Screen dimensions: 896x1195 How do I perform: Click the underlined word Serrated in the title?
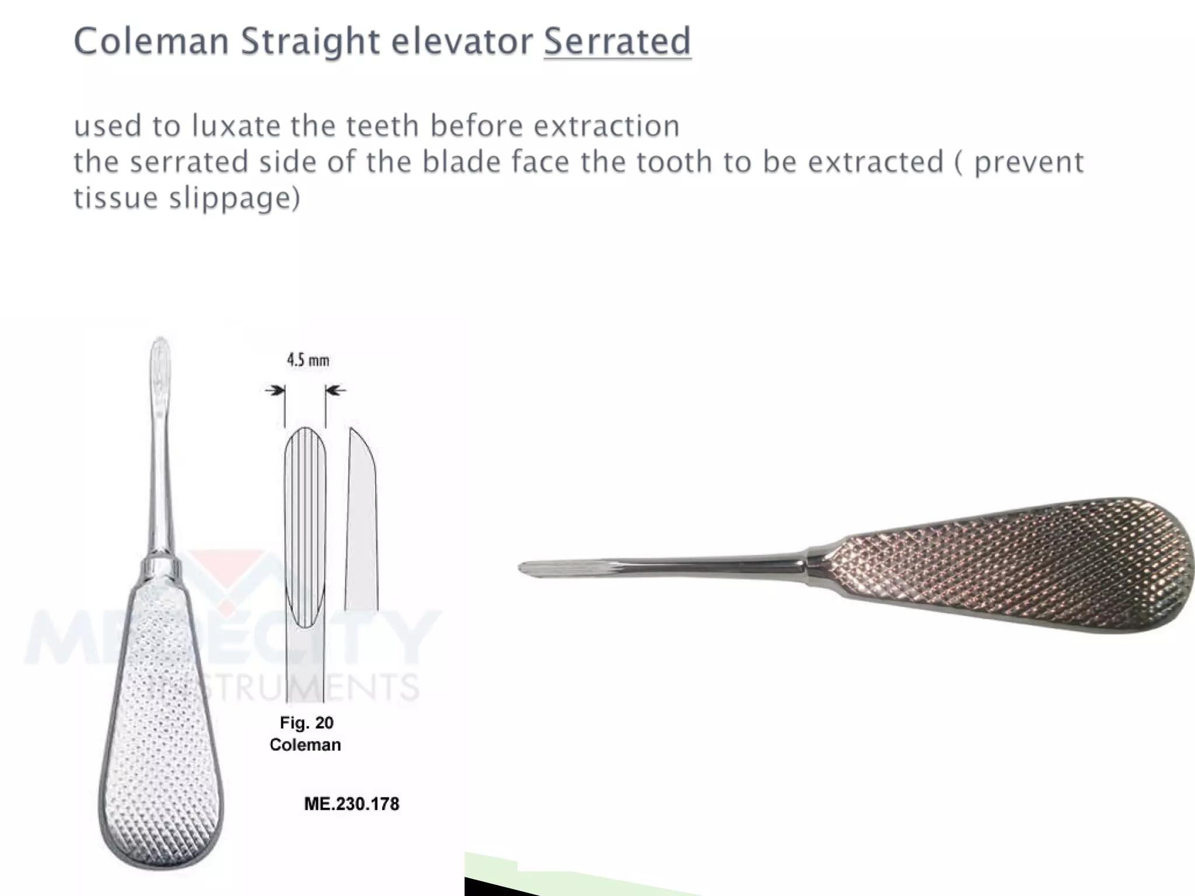pyautogui.click(x=617, y=42)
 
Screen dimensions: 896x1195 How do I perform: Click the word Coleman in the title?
pyautogui.click(x=151, y=42)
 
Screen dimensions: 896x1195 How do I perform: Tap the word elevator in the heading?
pyautogui.click(x=462, y=42)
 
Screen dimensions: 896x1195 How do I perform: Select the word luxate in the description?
pyautogui.click(x=236, y=126)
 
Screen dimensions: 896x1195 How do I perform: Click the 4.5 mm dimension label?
pyautogui.click(x=308, y=360)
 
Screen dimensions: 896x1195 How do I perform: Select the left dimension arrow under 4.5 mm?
pyautogui.click(x=274, y=390)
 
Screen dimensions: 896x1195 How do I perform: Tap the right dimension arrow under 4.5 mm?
pyautogui.click(x=336, y=390)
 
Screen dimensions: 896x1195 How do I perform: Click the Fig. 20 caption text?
pyautogui.click(x=306, y=723)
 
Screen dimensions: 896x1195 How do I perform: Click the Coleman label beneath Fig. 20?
pyautogui.click(x=305, y=745)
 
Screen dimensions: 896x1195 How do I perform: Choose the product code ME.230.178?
pyautogui.click(x=352, y=804)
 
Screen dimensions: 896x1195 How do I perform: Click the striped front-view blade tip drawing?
pyautogui.click(x=305, y=525)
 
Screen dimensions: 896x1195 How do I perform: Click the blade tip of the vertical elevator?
pyautogui.click(x=160, y=356)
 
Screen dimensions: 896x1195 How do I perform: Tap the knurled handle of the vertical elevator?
pyautogui.click(x=160, y=729)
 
